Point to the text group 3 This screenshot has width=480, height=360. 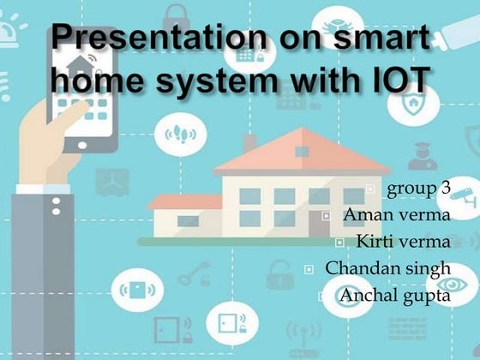point(418,189)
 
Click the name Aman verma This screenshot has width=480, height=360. point(397,215)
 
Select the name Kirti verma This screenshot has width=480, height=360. point(404,242)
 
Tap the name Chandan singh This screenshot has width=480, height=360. point(388,268)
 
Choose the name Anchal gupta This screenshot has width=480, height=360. point(395,296)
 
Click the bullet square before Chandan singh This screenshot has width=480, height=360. point(311,269)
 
